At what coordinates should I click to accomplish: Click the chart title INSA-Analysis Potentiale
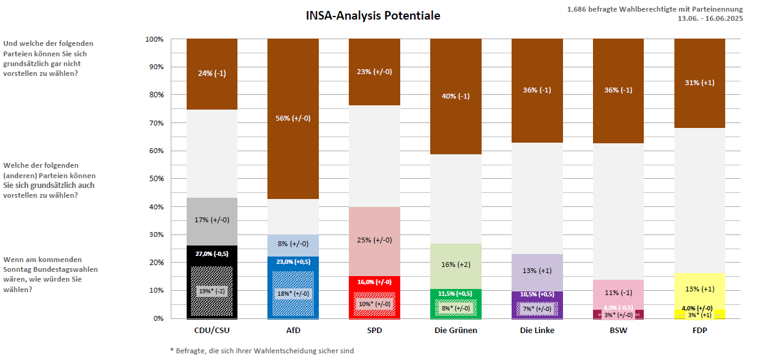click(373, 16)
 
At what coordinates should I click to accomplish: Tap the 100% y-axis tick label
click(154, 39)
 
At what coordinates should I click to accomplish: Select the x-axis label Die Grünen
click(455, 331)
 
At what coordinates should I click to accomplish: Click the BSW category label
click(618, 331)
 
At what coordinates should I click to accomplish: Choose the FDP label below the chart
click(699, 331)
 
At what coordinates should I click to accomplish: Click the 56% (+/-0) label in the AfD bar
click(293, 118)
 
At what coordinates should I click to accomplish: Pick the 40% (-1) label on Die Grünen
click(455, 96)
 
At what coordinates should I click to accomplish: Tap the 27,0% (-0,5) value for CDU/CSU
click(212, 253)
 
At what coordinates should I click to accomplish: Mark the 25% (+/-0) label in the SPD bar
click(374, 239)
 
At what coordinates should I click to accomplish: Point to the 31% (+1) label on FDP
click(699, 83)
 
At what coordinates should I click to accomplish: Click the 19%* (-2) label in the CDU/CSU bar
click(212, 291)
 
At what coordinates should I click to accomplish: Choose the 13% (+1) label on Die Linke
click(537, 271)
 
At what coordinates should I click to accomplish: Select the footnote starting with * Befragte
click(262, 351)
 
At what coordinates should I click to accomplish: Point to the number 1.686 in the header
click(578, 9)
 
